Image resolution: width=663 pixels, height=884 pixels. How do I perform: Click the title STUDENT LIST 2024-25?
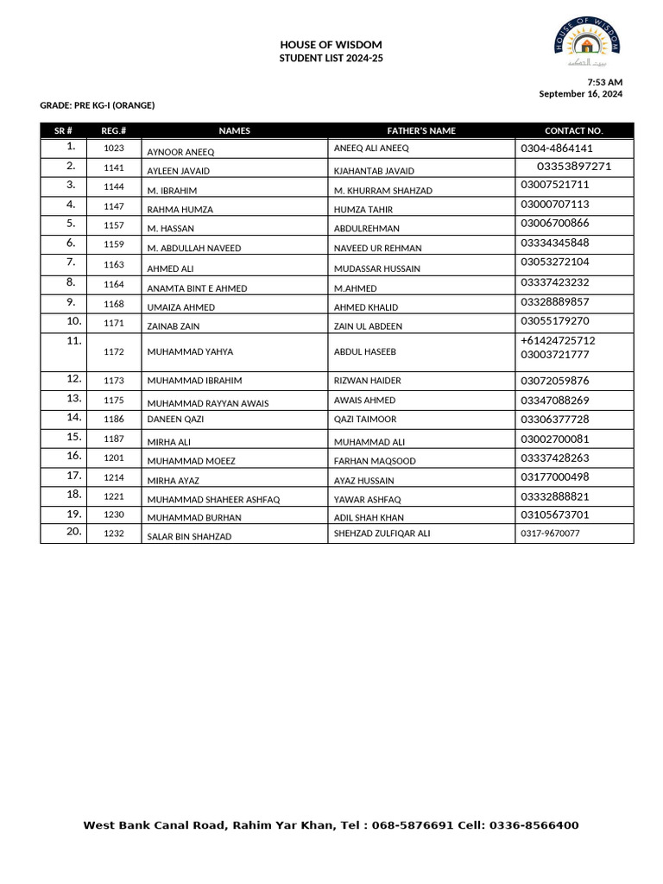point(331,58)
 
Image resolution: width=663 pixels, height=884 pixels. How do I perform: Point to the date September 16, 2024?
point(580,94)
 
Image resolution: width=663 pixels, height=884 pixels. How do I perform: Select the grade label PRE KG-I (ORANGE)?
point(98,105)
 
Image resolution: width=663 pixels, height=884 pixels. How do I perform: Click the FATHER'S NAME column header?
point(420,131)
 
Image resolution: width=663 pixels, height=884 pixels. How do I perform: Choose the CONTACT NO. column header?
point(574,131)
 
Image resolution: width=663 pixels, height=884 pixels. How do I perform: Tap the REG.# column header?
point(114,131)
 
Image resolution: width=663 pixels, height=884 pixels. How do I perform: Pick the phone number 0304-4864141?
point(557,148)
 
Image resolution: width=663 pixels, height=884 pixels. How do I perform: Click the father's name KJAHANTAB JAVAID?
point(374,171)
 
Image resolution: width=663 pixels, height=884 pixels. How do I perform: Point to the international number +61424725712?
point(558,341)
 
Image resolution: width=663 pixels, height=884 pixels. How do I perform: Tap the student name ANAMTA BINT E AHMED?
point(197,288)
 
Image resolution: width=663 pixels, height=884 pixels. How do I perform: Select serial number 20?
point(73,532)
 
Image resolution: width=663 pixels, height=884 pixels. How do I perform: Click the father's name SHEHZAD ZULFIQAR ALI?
point(382,534)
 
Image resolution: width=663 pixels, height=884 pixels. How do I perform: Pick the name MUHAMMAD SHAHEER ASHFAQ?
point(213,500)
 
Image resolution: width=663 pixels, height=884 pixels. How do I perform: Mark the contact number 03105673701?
point(555,515)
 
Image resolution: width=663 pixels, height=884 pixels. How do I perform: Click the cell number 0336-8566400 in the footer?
point(534,826)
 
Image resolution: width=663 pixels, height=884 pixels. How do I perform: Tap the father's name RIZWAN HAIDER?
point(367,381)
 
